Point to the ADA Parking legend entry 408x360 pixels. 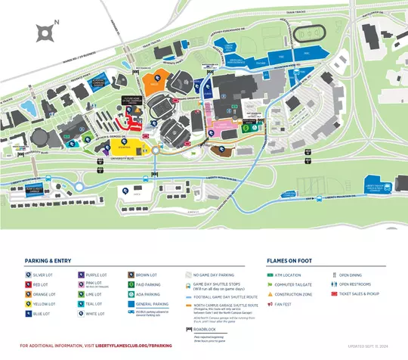click(147, 293)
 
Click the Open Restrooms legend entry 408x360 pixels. click(354, 284)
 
